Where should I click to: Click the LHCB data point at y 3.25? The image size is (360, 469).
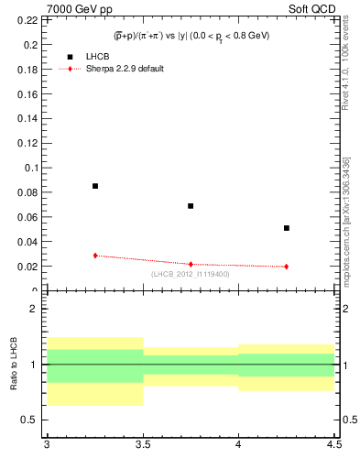coord(95,186)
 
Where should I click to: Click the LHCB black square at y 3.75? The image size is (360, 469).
coord(191,206)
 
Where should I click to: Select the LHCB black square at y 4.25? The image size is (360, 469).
coord(287,228)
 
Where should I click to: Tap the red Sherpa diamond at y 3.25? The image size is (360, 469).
coord(95,256)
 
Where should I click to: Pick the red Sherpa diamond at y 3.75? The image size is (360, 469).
coord(191,264)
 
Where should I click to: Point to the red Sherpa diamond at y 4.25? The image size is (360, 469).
coord(287,267)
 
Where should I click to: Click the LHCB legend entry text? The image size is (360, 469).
coord(97,57)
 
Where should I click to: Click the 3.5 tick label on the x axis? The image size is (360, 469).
coord(142,445)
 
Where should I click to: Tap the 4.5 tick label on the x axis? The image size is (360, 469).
coord(333,445)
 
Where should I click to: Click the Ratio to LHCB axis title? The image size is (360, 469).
coord(14,365)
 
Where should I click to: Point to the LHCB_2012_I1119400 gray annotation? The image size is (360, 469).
coord(190,274)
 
